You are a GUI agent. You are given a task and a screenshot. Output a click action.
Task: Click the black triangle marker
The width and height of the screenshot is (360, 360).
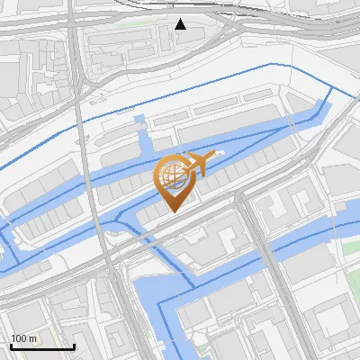[180, 24]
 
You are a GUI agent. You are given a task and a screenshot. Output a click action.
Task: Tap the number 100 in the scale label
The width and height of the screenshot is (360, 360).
[19, 338]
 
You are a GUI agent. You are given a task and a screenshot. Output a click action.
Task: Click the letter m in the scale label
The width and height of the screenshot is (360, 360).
[33, 338]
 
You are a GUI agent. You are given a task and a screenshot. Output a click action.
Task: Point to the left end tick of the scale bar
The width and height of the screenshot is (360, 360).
[11, 346]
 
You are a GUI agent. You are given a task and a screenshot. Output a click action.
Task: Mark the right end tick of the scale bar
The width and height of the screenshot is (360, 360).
[74, 346]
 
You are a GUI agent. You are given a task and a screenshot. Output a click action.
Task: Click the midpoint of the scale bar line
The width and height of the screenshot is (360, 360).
[42, 347]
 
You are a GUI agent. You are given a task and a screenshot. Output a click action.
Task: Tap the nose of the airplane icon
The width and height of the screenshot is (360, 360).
[215, 158]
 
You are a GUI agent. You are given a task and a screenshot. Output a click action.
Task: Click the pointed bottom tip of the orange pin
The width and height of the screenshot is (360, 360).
[173, 212]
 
